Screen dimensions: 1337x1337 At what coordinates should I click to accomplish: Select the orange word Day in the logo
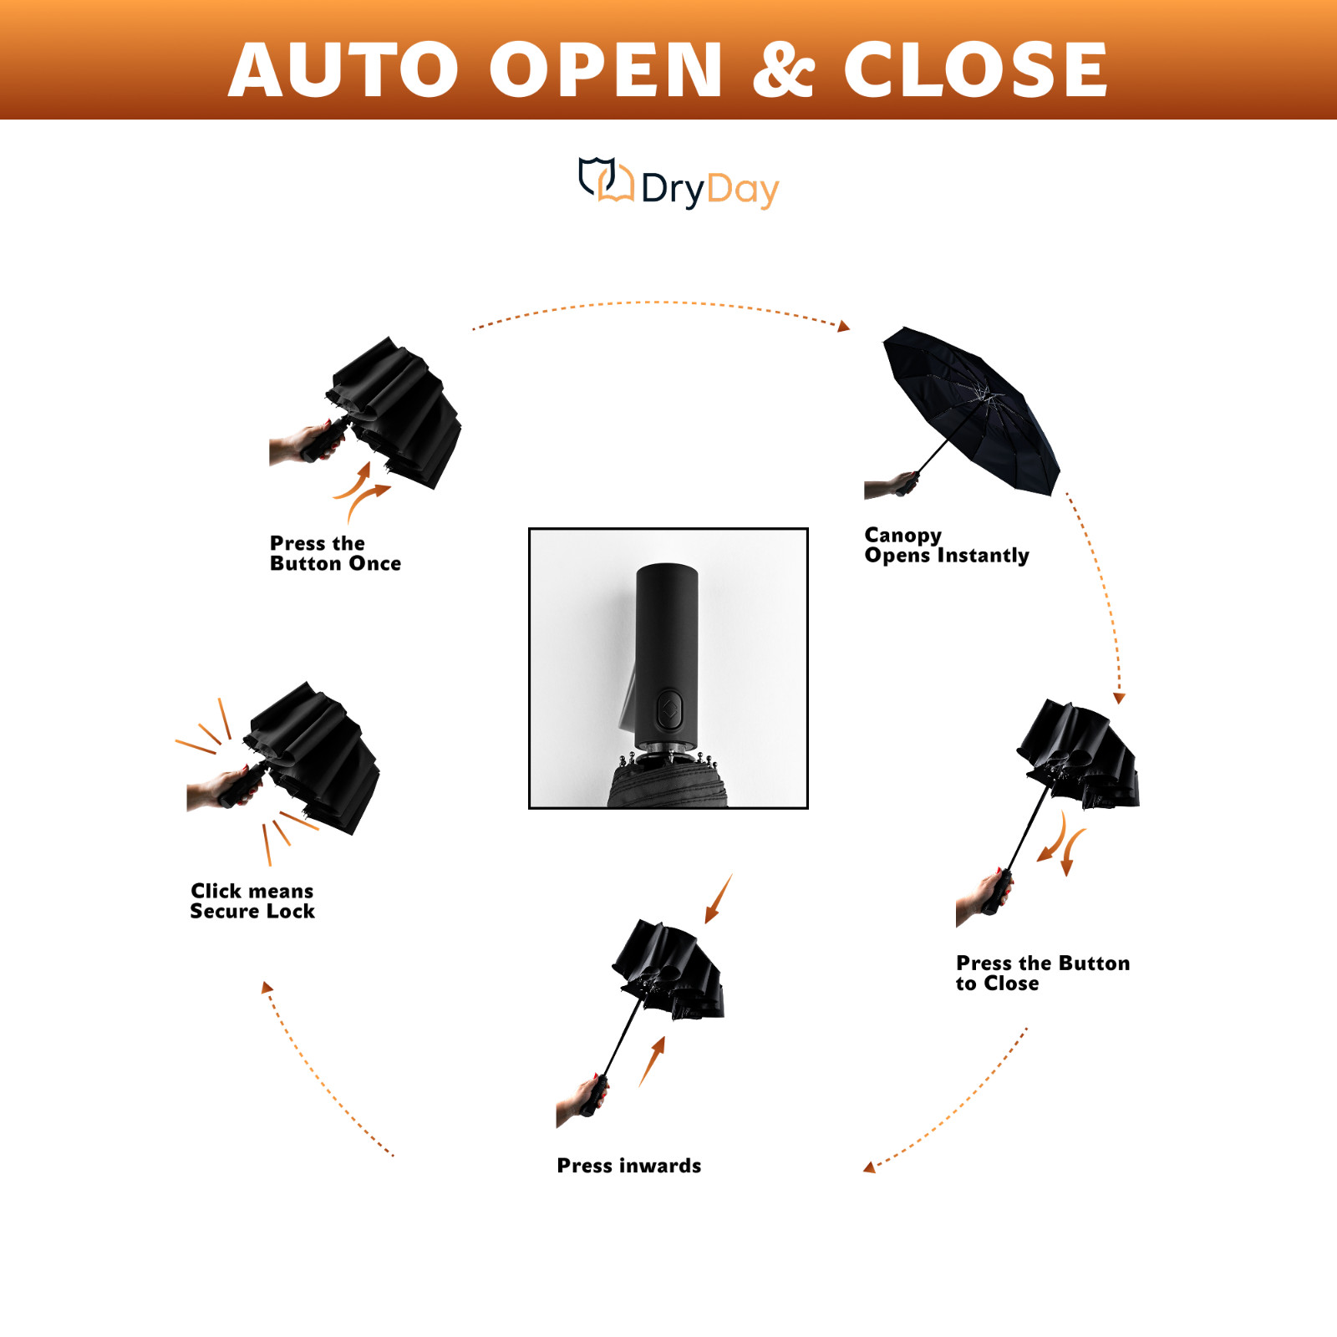(742, 190)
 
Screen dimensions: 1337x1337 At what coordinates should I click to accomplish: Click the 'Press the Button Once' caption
(335, 553)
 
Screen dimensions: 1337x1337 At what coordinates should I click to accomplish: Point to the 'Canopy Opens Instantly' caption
(946, 545)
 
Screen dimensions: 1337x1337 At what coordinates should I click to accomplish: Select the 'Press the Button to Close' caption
(1042, 973)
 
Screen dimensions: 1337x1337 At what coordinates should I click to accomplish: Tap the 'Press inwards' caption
(628, 1166)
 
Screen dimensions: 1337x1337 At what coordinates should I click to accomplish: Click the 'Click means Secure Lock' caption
(252, 901)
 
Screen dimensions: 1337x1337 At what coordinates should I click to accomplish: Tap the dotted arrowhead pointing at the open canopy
(844, 327)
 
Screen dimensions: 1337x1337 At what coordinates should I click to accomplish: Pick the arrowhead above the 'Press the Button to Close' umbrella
(1119, 698)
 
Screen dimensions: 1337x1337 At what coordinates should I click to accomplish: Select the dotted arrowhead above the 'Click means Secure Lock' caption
(267, 988)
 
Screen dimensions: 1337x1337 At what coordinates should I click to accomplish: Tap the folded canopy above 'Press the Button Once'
(401, 409)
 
